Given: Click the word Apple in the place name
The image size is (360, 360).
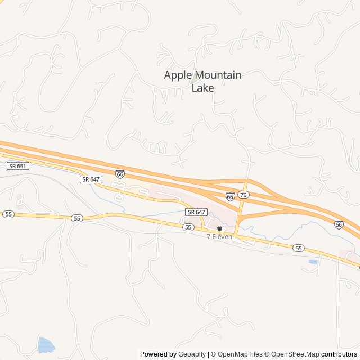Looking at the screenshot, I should pyautogui.click(x=177, y=75).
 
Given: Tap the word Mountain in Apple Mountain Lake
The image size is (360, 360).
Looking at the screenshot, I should pyautogui.click(x=218, y=75).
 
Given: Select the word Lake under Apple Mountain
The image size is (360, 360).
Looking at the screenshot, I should pyautogui.click(x=202, y=88).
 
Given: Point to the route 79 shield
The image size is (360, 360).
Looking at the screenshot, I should pyautogui.click(x=243, y=195).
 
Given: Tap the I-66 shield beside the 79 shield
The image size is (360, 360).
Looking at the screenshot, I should pyautogui.click(x=230, y=196).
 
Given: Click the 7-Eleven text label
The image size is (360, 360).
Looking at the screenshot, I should pyautogui.click(x=219, y=237).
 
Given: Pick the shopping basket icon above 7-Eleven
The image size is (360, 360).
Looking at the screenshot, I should pyautogui.click(x=219, y=228).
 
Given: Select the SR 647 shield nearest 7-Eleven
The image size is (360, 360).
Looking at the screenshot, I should pyautogui.click(x=196, y=212).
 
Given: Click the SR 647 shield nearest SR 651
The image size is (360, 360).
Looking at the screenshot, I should pyautogui.click(x=90, y=179).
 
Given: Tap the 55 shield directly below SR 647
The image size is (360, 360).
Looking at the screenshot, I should pyautogui.click(x=188, y=227).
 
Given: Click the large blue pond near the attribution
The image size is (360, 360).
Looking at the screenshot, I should pyautogui.click(x=45, y=344).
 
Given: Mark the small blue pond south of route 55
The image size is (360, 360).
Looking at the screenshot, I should pyautogui.click(x=313, y=262).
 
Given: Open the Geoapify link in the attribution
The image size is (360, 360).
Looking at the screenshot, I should pyautogui.click(x=192, y=354).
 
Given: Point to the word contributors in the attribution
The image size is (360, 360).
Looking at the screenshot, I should pyautogui.click(x=339, y=354).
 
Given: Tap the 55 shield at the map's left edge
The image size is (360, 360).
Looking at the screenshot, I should pyautogui.click(x=8, y=214).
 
